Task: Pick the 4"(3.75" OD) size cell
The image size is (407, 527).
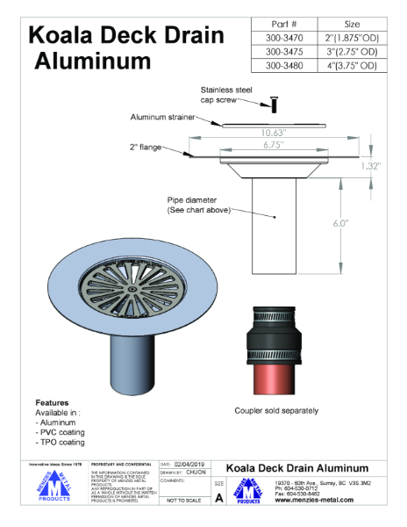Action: (351, 65)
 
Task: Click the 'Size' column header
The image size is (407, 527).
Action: (351, 24)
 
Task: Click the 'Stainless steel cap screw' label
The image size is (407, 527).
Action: (227, 95)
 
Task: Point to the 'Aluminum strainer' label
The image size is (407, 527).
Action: (164, 117)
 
